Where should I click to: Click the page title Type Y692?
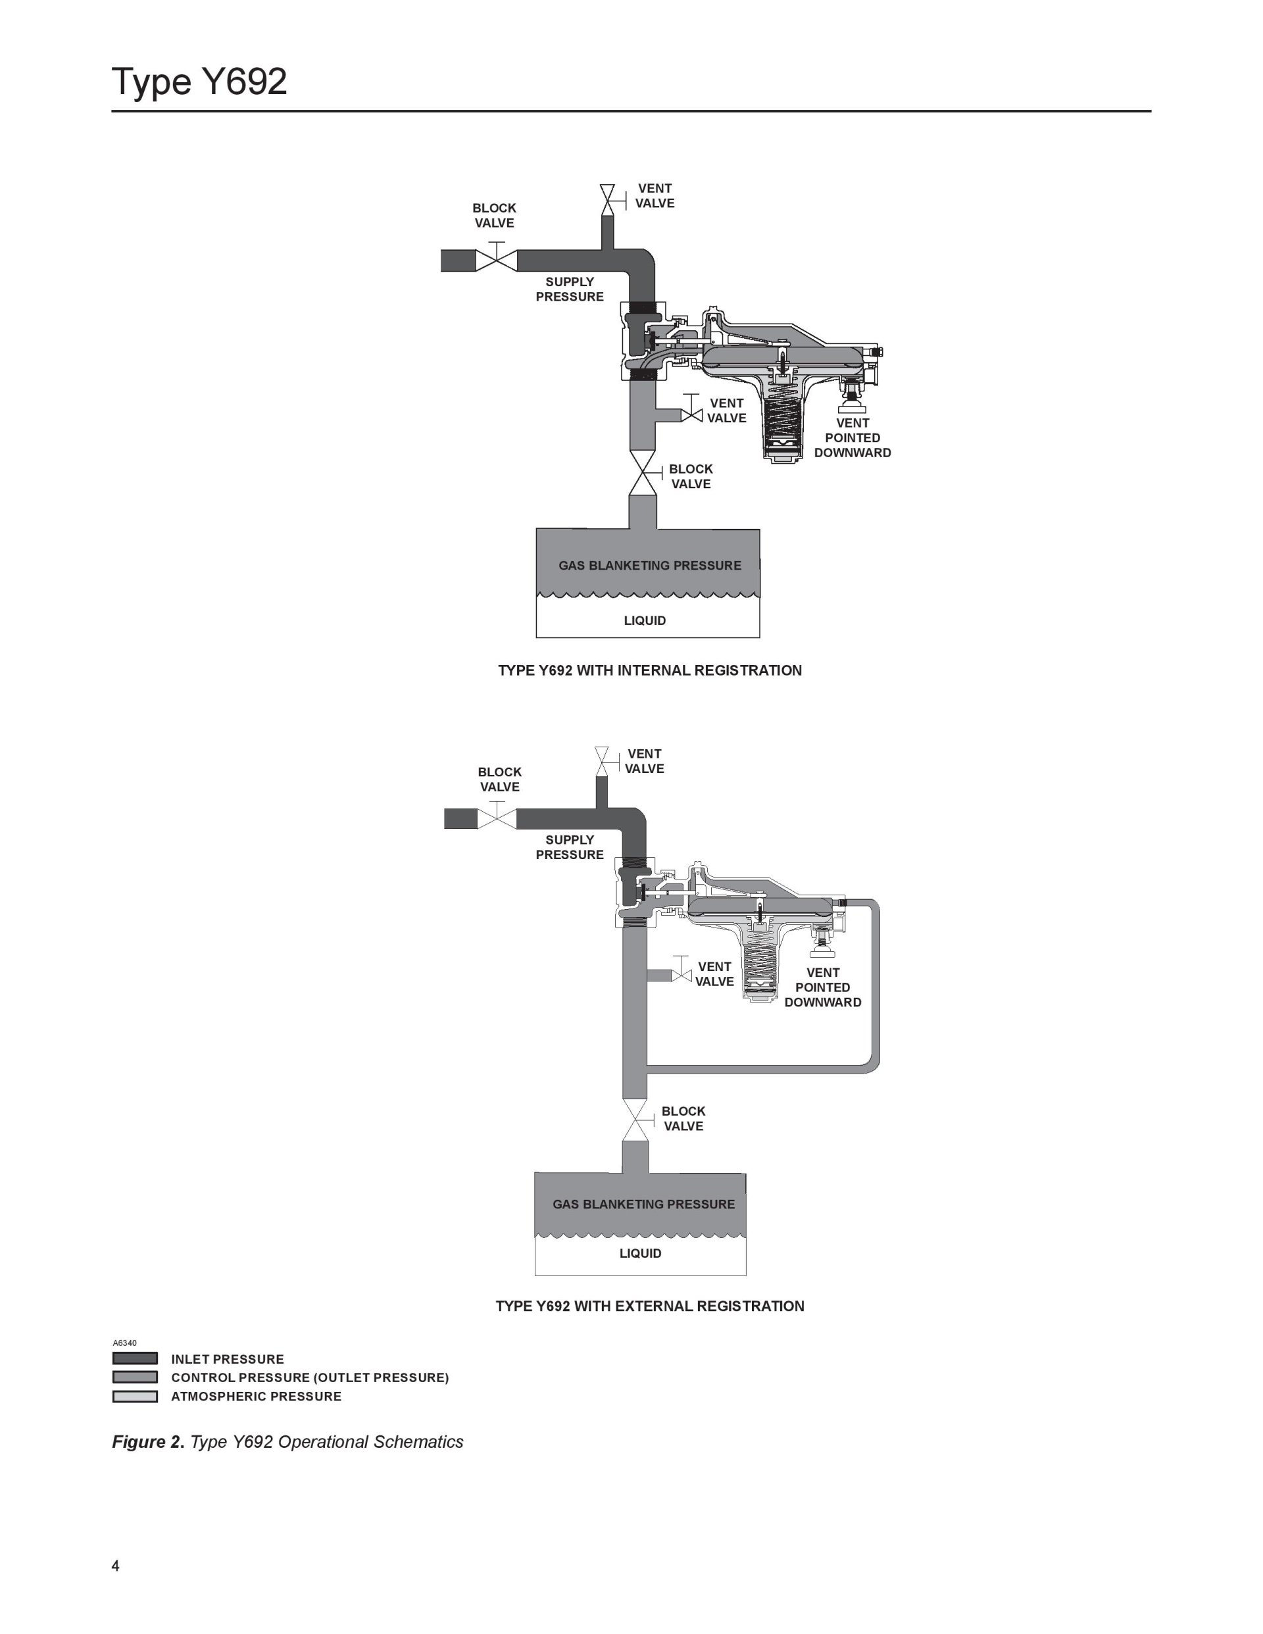click(x=199, y=81)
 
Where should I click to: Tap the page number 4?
click(x=115, y=1565)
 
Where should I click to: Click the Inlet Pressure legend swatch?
click(x=135, y=1358)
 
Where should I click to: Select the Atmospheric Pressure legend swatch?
click(x=135, y=1396)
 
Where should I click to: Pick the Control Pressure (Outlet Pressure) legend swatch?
click(x=135, y=1377)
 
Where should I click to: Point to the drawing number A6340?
click(x=124, y=1343)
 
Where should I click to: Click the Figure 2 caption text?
click(x=287, y=1442)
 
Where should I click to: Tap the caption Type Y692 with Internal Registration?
click(x=649, y=670)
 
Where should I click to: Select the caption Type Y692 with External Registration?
click(x=649, y=1306)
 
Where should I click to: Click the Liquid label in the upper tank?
click(x=645, y=620)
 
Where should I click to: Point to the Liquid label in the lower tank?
click(x=641, y=1253)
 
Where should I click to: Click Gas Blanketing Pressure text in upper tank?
click(x=649, y=566)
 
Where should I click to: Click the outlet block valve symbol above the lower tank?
click(x=636, y=1120)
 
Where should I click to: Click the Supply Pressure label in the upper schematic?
click(x=570, y=289)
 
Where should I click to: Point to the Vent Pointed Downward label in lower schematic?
click(x=822, y=987)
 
